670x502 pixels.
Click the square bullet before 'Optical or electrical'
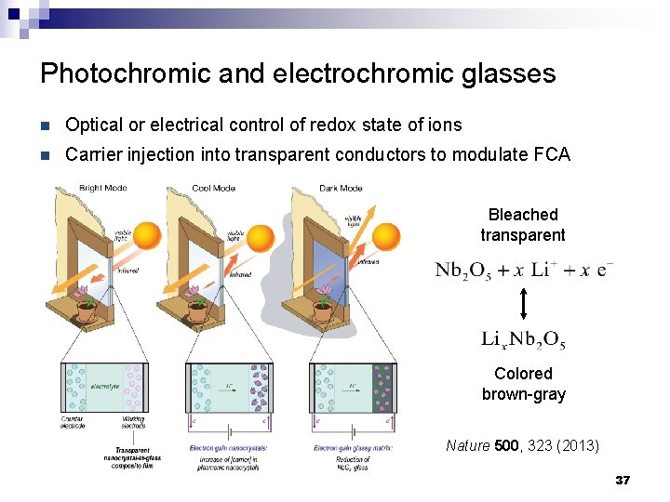[x=47, y=124]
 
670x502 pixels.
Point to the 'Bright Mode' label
[x=103, y=188]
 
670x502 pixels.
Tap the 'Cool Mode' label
[x=213, y=188]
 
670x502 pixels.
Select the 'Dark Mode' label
[x=340, y=188]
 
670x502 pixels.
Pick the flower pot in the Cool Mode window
[x=197, y=310]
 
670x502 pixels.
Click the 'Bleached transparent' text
[x=523, y=225]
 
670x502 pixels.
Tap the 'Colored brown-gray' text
[x=523, y=383]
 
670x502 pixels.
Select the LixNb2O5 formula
[x=523, y=340]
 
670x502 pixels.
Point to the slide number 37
[x=623, y=481]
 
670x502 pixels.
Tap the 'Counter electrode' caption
[x=72, y=422]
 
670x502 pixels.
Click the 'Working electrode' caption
[x=132, y=422]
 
